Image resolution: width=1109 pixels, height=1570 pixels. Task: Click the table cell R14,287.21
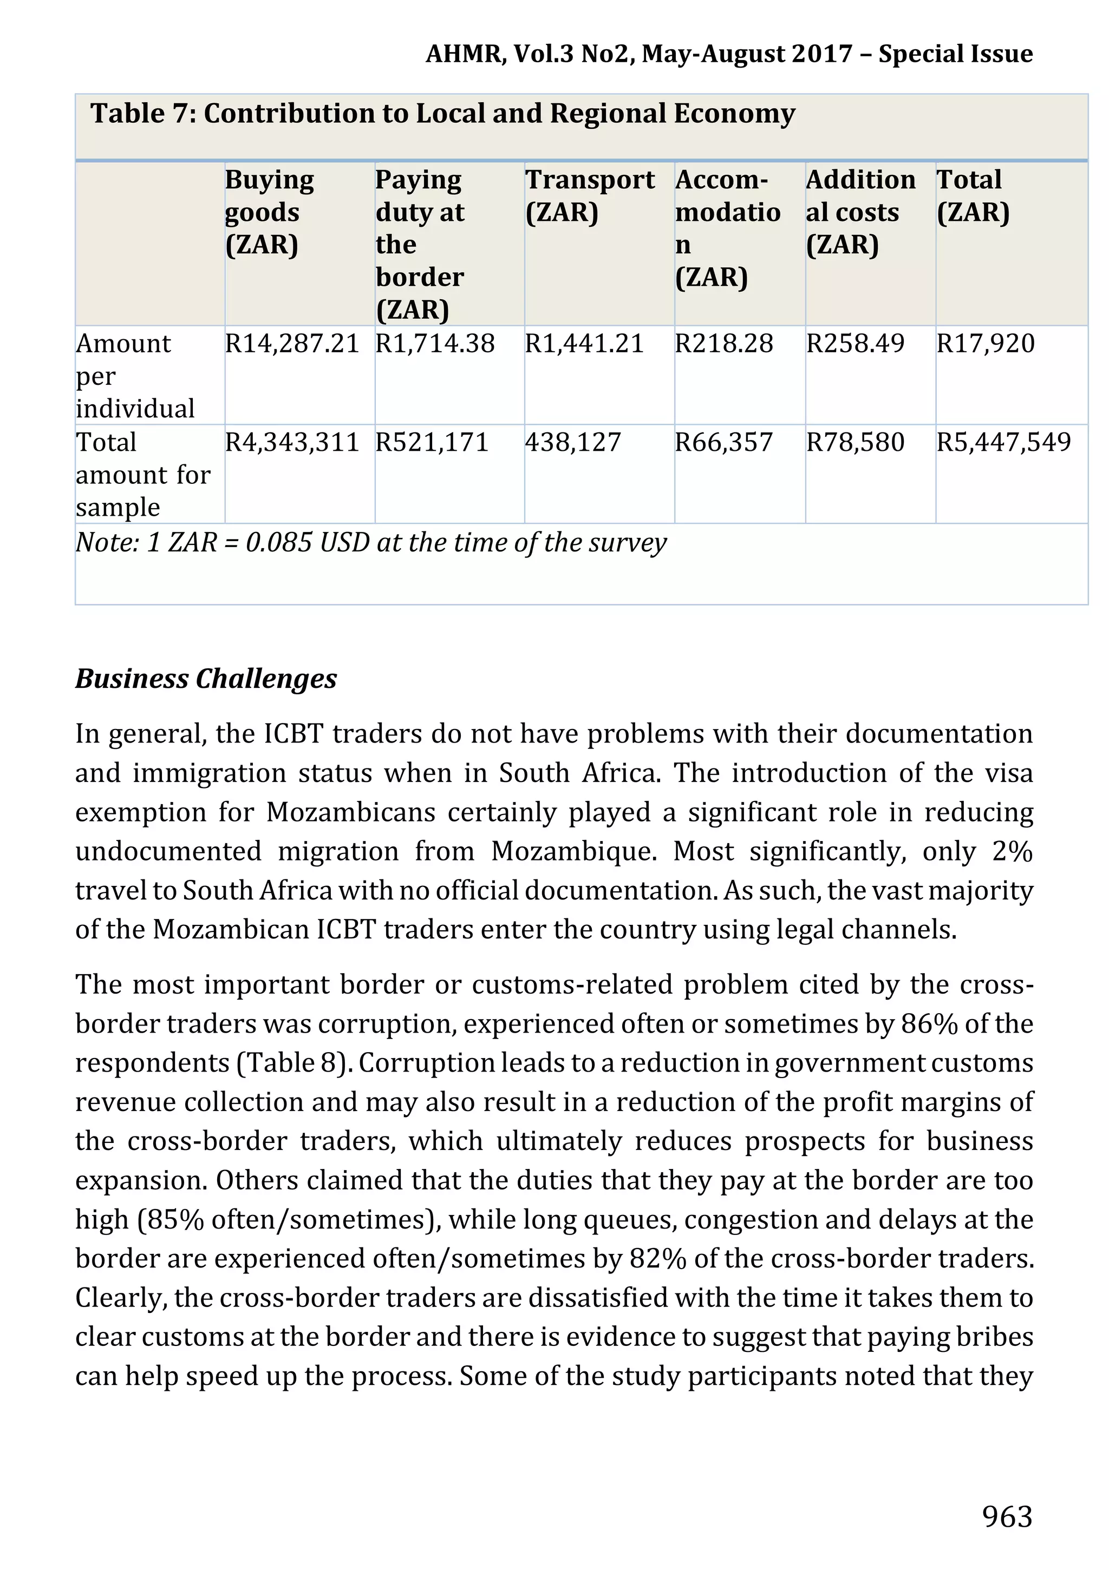point(292,343)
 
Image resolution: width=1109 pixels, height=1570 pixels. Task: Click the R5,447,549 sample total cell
point(1003,442)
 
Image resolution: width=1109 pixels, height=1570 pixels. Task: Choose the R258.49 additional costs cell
point(854,343)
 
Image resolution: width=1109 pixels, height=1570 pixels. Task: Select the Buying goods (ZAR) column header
point(269,212)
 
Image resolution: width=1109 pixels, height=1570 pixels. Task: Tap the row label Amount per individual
point(135,376)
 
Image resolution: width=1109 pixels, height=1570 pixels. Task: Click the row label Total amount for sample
point(142,475)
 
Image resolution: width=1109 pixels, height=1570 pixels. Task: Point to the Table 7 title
point(442,114)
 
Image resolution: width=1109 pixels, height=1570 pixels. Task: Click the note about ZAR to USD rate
point(370,542)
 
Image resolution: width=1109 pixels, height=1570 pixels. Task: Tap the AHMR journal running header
point(729,54)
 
